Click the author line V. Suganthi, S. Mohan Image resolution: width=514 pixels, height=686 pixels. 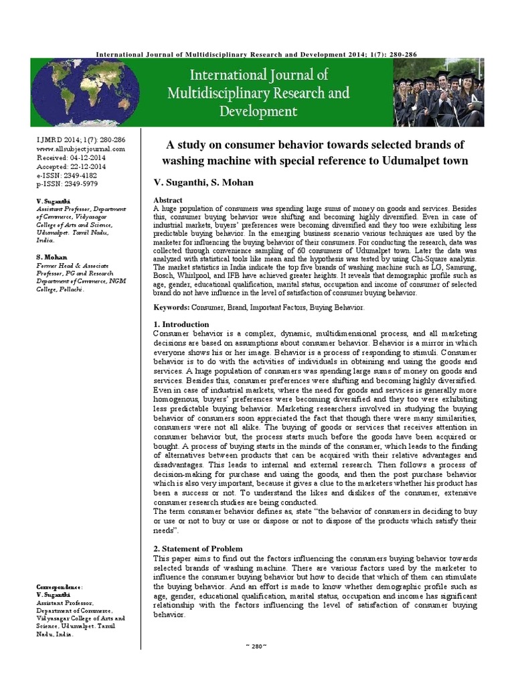coord(199,182)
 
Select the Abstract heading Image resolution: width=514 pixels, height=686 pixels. coord(168,200)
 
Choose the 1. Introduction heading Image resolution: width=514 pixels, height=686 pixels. coord(181,324)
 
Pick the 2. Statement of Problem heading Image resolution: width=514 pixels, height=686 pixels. coord(199,549)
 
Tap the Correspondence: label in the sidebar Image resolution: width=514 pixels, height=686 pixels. coord(60,586)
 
